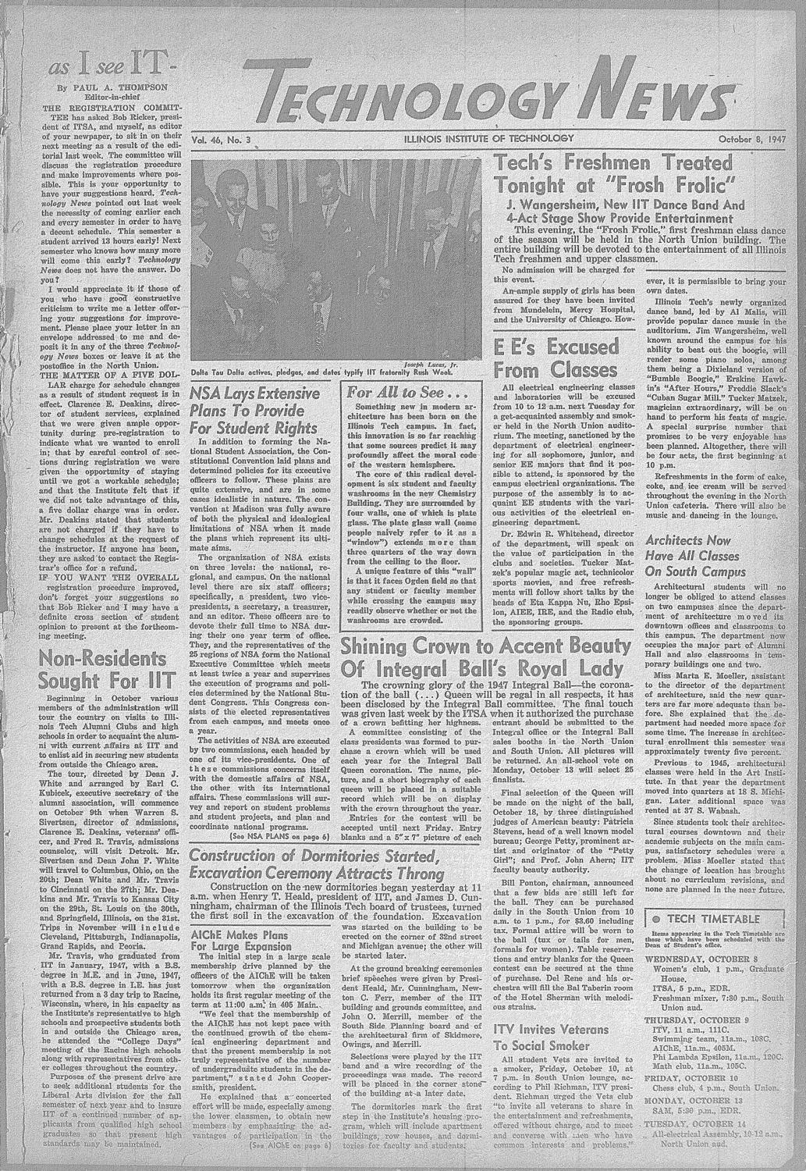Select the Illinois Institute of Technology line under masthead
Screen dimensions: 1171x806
(x=489, y=139)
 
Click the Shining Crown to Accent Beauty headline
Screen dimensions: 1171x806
(x=483, y=646)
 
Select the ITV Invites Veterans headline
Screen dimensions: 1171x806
(x=552, y=1029)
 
